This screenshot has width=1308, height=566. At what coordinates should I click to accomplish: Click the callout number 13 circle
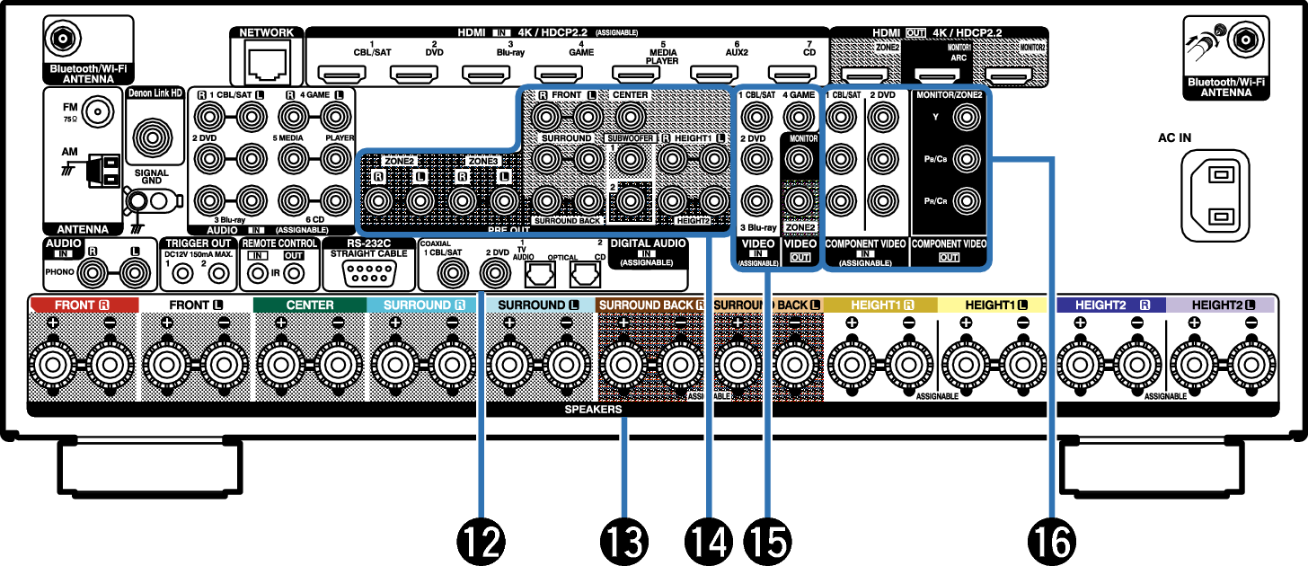624,540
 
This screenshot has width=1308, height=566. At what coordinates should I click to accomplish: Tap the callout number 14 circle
707,540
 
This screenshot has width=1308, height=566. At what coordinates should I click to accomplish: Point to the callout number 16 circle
1049,540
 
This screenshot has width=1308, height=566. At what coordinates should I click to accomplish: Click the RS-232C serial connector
365,274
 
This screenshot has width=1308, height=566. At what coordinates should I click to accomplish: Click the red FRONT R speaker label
83,305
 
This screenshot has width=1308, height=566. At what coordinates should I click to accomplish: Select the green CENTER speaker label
309,305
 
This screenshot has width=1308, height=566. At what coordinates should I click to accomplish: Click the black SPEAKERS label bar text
593,409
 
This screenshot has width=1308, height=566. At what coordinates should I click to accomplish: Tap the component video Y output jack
966,115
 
